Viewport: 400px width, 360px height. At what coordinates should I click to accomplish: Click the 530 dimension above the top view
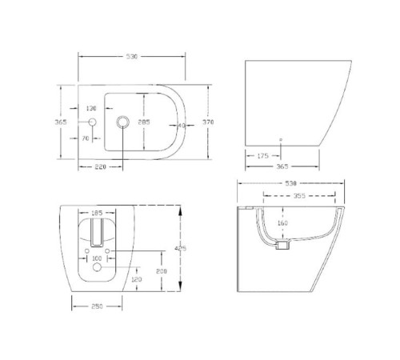[131, 56]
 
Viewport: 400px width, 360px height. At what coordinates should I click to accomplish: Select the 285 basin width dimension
[144, 122]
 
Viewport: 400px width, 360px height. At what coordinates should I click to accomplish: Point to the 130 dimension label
[90, 107]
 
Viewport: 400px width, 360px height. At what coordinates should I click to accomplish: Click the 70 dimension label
[85, 138]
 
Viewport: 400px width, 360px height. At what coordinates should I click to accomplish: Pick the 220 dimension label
[101, 166]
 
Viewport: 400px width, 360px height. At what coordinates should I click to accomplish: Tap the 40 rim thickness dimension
[182, 126]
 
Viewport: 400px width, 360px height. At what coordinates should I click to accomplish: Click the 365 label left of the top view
[61, 122]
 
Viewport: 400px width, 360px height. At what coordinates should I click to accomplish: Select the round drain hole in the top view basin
[122, 122]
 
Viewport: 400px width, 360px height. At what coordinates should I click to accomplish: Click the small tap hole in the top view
[91, 122]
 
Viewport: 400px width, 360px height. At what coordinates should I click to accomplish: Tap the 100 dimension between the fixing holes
[96, 260]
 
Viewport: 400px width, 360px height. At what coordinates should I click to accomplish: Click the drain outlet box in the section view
[278, 250]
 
